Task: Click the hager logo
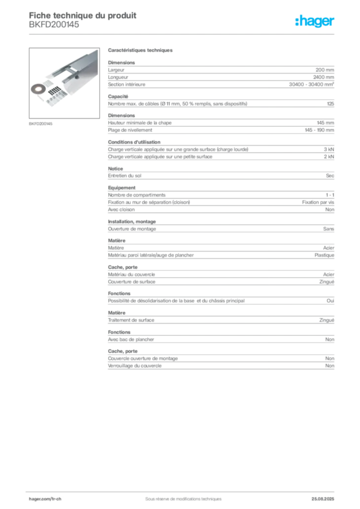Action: (315, 21)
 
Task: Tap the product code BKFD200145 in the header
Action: (54, 25)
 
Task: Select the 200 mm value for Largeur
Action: (325, 70)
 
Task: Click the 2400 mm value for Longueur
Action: (324, 77)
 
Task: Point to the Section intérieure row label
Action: (127, 85)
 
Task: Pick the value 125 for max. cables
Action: (331, 104)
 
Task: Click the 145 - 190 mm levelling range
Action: (319, 130)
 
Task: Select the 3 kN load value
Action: (329, 150)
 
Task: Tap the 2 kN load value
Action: (329, 157)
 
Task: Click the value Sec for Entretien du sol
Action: (330, 175)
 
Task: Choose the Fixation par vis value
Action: (318, 202)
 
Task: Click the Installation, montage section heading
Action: (132, 221)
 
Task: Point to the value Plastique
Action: (324, 255)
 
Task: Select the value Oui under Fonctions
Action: (331, 301)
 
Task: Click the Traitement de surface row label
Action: (131, 320)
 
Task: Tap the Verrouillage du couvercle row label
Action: (135, 366)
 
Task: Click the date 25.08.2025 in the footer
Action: (323, 499)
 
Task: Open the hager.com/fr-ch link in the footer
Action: (45, 499)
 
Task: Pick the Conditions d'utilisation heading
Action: (134, 142)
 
